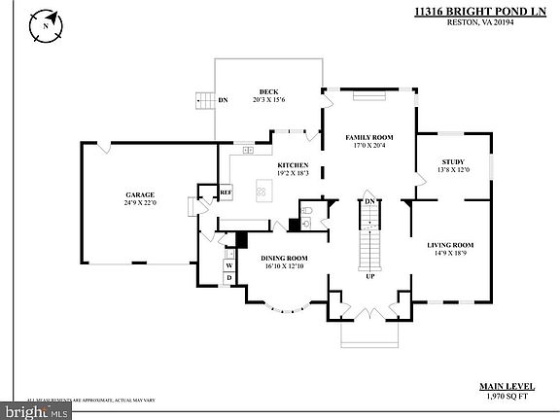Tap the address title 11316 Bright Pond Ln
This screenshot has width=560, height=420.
pos(468,11)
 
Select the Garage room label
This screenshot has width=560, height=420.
pos(139,193)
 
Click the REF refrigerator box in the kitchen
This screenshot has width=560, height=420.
pos(226,192)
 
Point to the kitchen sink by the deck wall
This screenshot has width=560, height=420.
pos(248,150)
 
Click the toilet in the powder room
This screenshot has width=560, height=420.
pos(306,221)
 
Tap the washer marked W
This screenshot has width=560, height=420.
pos(229,264)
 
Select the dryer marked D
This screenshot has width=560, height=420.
pos(229,279)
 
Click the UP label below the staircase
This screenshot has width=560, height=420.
pos(369,276)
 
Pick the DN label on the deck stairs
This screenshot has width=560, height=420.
pos(223,99)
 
